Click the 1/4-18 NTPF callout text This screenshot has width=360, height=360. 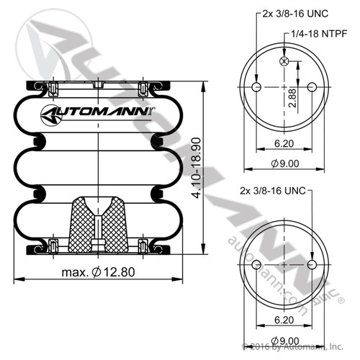[319, 33]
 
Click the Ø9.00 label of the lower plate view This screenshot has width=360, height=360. [285, 340]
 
